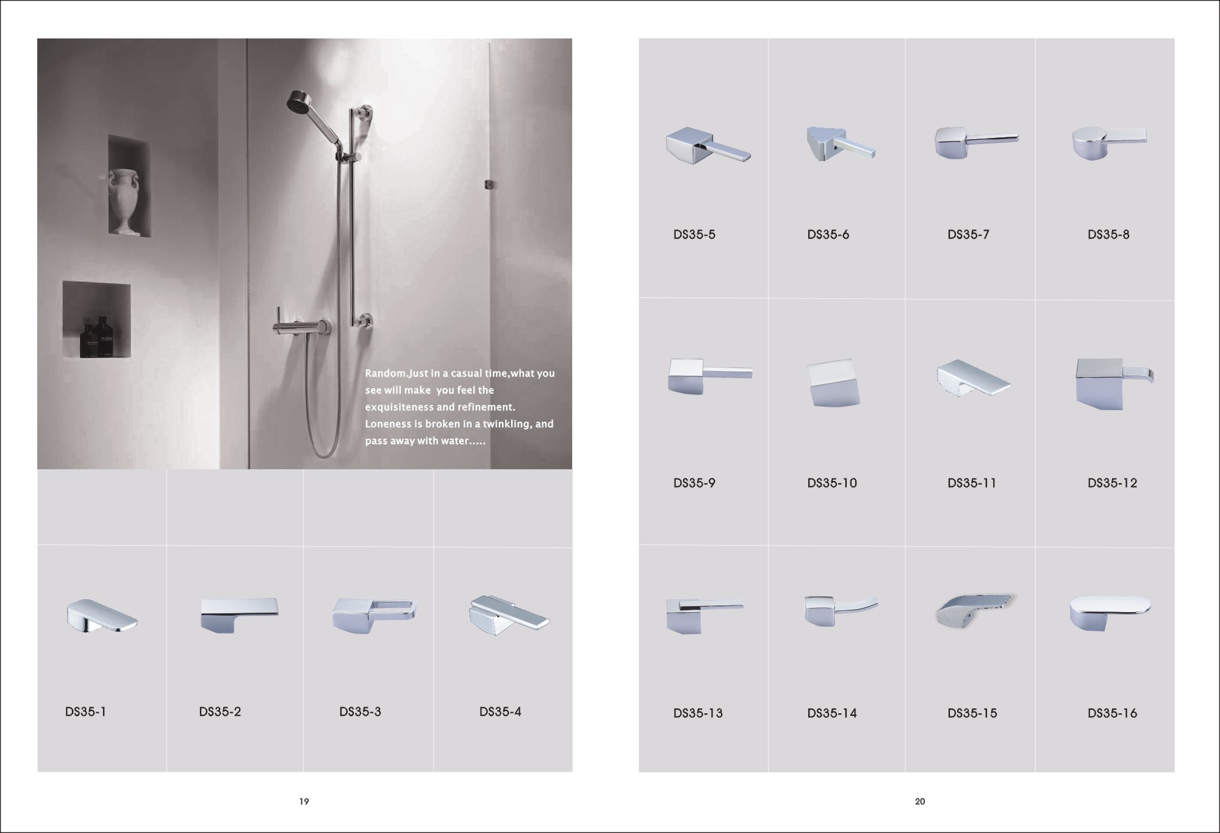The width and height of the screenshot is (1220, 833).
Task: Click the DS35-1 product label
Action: [x=85, y=712]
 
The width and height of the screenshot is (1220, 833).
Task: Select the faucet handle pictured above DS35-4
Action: [x=509, y=615]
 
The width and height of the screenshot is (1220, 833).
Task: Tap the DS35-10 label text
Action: [x=832, y=483]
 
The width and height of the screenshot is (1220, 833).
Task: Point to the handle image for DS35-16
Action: [x=1110, y=611]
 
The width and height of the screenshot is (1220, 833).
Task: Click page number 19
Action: [x=304, y=801]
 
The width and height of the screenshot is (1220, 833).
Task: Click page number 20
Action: [x=920, y=801]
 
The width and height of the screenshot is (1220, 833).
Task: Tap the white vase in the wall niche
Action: [x=124, y=201]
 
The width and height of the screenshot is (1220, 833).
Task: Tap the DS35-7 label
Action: [x=968, y=234]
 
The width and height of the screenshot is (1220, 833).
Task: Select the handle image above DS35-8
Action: [x=1108, y=143]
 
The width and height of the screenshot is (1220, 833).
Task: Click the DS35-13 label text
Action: [x=698, y=713]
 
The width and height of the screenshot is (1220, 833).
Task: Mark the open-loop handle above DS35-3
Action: [x=374, y=613]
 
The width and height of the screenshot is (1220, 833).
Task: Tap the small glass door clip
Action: [x=488, y=184]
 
